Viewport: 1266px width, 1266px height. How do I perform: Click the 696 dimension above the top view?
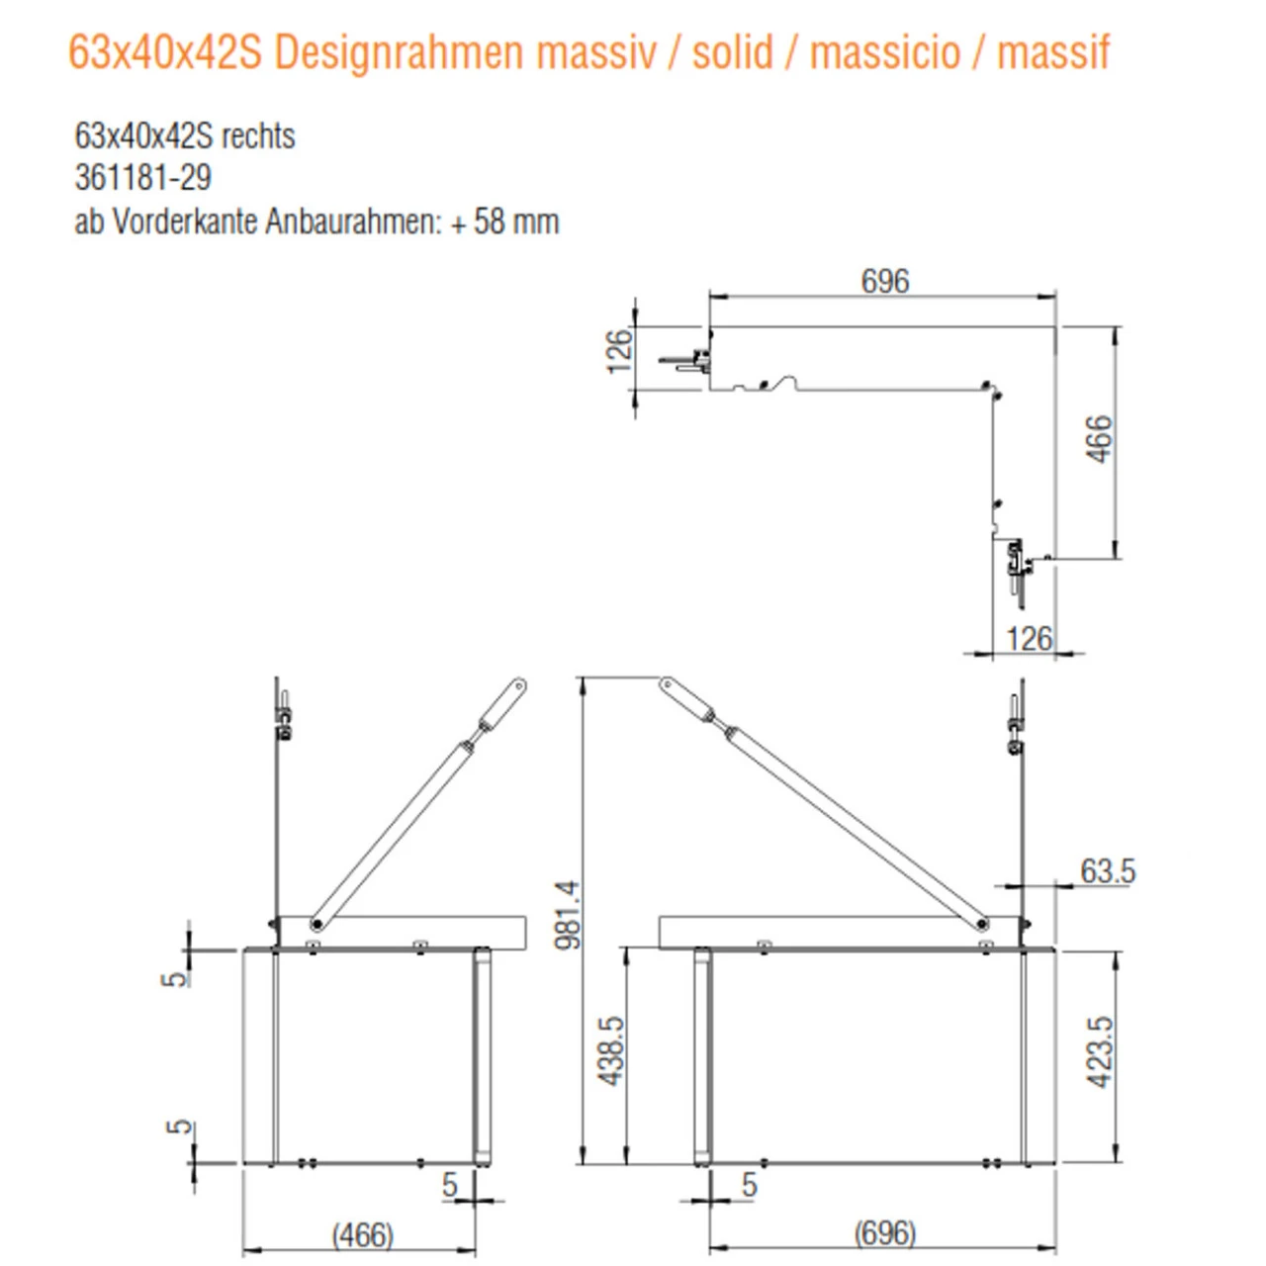[884, 281]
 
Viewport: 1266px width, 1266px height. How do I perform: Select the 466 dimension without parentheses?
[1099, 439]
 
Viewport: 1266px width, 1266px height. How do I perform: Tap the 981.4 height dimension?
[568, 914]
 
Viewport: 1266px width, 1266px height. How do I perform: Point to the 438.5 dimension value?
[611, 1050]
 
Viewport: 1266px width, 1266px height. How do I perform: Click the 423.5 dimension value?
[1100, 1052]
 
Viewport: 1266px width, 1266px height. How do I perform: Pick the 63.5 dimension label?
[1108, 871]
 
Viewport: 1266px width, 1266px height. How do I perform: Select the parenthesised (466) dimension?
[362, 1235]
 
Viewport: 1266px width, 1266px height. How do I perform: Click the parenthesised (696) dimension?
[884, 1233]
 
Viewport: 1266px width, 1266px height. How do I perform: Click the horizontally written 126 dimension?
[1029, 639]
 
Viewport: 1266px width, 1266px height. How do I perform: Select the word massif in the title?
[1053, 52]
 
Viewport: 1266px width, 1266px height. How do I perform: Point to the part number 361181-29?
[143, 178]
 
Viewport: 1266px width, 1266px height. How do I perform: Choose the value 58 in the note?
[490, 222]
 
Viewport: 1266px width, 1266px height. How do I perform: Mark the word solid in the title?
[732, 52]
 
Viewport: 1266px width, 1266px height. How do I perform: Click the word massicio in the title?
[884, 52]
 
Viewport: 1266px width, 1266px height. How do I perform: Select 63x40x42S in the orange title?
[164, 52]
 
